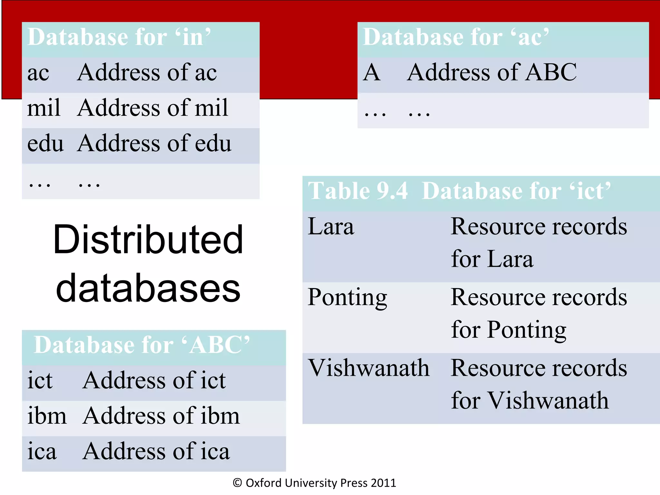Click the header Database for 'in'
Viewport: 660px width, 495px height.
point(119,37)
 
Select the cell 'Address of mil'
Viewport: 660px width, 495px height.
point(153,108)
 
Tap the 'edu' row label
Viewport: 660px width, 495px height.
point(45,143)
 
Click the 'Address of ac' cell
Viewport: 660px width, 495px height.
point(147,73)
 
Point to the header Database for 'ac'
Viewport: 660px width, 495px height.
point(456,37)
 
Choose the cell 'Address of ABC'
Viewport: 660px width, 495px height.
point(492,73)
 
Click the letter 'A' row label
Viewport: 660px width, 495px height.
point(372,73)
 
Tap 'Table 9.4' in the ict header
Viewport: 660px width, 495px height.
point(358,191)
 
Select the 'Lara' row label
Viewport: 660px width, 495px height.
point(331,227)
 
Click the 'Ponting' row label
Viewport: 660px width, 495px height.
point(347,297)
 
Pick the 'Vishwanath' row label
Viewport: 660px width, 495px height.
point(369,368)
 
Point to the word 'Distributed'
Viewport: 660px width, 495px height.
point(148,240)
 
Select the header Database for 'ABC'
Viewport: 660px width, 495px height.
point(142,345)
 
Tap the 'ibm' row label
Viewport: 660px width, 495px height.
point(47,416)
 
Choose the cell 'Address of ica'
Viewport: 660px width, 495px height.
point(156,451)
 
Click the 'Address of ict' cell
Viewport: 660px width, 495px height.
point(154,381)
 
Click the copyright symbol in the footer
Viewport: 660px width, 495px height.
point(238,483)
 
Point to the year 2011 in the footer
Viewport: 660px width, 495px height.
point(383,483)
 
